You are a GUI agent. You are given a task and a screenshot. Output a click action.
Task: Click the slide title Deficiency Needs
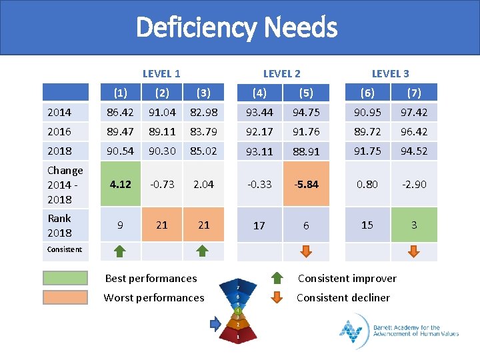pos(237,28)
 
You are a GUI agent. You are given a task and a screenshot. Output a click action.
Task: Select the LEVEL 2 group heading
pos(281,73)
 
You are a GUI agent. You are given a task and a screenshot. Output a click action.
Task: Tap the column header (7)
pos(413,93)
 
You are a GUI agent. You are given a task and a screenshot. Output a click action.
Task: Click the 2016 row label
pos(59,131)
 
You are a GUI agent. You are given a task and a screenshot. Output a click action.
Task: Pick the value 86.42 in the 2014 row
pos(120,113)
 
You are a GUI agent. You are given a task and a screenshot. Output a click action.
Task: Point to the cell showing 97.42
pos(413,113)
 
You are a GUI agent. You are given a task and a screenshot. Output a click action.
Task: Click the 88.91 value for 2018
pos(306,151)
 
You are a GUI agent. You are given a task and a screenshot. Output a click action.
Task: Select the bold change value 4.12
pos(120,184)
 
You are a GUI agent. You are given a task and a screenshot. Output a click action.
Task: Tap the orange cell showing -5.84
pos(306,184)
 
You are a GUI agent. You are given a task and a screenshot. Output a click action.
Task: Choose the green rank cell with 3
pos(413,225)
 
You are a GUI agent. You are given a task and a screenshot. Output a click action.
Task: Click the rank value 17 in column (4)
pos(259,225)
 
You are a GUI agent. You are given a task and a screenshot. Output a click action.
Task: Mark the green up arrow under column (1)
pos(120,251)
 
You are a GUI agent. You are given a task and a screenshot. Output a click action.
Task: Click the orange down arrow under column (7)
pos(413,251)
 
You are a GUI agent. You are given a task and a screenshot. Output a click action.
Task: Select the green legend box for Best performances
pos(65,278)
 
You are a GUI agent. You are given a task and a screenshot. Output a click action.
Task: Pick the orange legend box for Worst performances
pos(65,297)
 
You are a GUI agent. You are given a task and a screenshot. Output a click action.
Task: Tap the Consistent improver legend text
pos(347,278)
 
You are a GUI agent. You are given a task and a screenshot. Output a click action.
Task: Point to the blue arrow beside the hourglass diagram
pos(215,324)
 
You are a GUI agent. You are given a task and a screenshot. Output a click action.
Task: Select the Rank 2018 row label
pos(59,225)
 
